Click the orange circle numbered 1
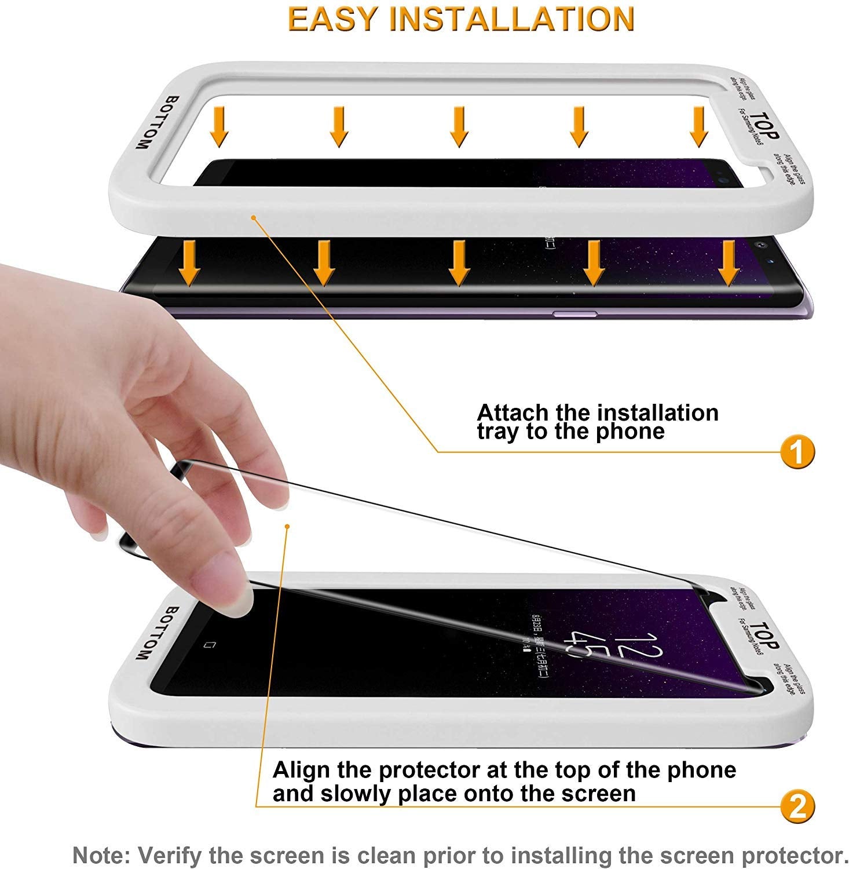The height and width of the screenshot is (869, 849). coord(797,452)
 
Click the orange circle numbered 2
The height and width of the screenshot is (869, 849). coord(797,806)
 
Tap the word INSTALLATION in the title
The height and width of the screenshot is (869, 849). coord(512,20)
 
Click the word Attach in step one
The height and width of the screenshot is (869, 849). coord(512,413)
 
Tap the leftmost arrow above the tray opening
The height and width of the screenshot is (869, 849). coord(219,126)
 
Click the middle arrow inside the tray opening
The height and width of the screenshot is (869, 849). coord(459,126)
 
